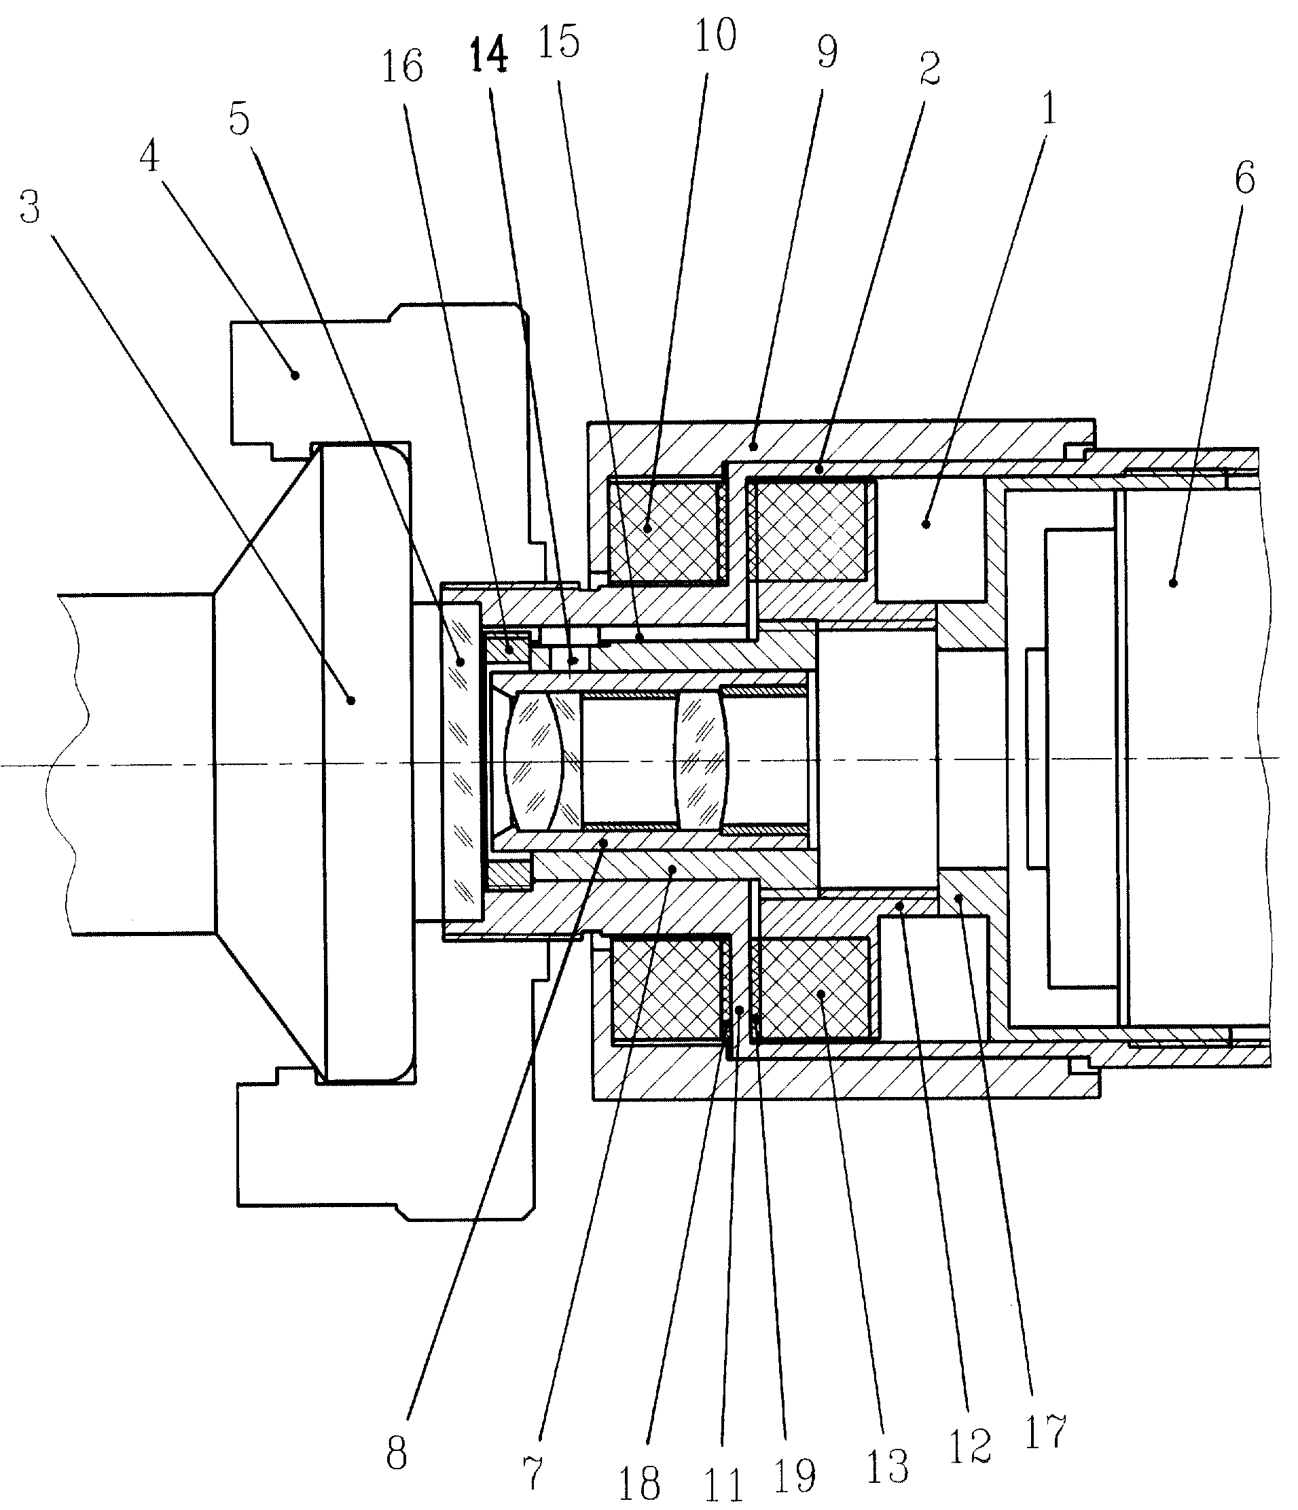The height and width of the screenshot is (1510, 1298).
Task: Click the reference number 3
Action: tap(29, 207)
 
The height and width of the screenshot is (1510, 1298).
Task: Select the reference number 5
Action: tap(240, 118)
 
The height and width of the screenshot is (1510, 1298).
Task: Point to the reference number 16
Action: tap(402, 67)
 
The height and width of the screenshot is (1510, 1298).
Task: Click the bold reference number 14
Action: tap(488, 56)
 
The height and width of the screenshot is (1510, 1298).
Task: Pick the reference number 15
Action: tap(559, 41)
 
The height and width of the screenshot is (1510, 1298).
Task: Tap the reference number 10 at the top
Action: tap(715, 35)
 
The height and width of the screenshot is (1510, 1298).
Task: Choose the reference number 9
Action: tap(827, 51)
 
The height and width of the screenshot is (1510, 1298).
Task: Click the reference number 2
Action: tap(929, 69)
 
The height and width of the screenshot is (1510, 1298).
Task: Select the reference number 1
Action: tap(1049, 109)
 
